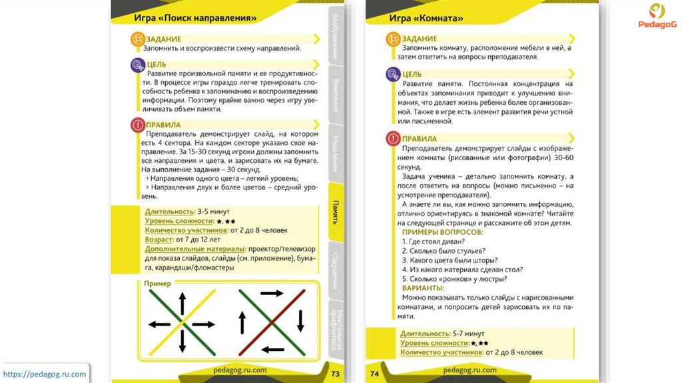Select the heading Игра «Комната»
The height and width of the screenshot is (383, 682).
426,17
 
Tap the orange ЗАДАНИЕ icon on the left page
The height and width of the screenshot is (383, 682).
136,39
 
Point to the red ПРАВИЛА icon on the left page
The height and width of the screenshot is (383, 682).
137,124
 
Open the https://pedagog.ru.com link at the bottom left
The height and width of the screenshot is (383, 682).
45,374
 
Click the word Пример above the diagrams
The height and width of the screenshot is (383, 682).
158,284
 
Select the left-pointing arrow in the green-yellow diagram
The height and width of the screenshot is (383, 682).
159,324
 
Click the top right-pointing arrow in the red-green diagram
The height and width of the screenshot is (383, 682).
271,293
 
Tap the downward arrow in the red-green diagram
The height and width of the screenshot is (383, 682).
300,321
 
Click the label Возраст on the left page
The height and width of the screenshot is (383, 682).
158,239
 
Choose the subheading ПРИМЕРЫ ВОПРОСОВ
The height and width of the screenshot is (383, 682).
442,232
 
